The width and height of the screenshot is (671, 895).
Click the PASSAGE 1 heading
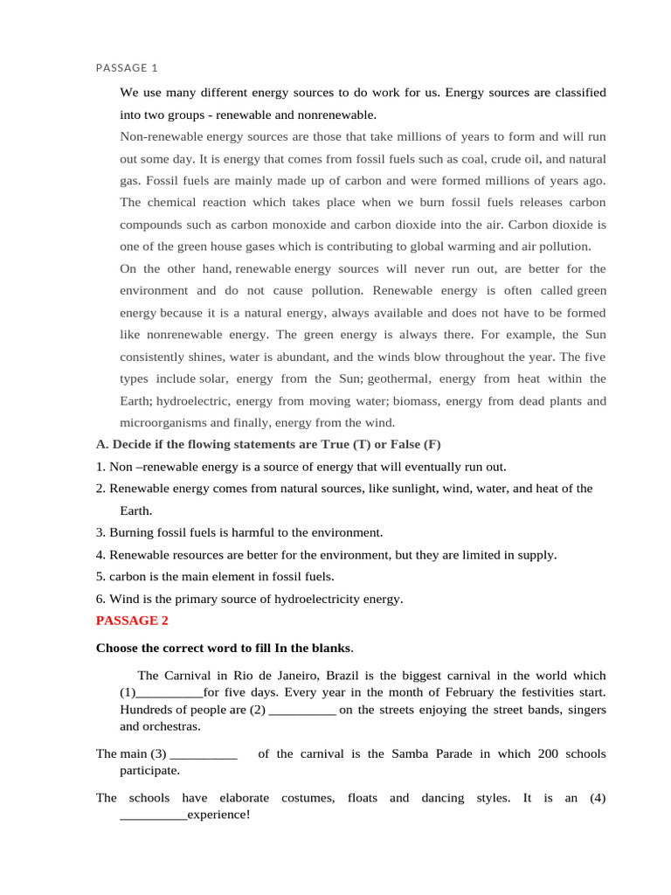127,67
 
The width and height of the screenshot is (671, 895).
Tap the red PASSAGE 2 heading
132,621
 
